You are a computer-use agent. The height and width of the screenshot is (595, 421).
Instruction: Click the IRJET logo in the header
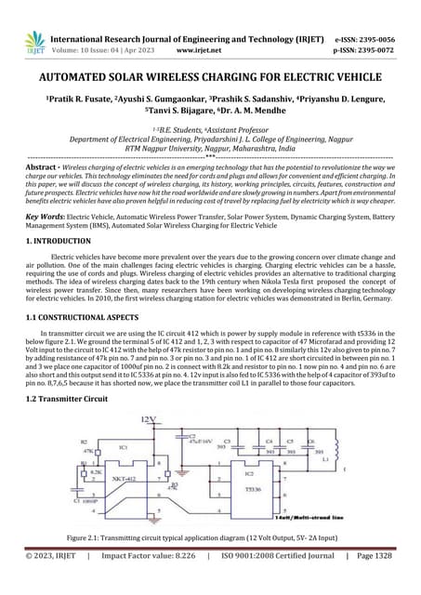(x=34, y=42)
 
